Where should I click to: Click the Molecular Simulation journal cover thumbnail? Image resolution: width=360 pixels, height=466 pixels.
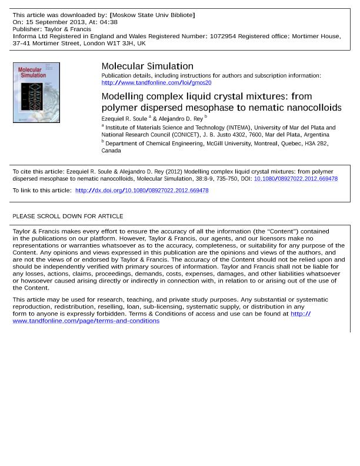click(36, 92)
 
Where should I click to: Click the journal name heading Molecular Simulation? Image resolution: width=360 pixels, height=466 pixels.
click(147, 66)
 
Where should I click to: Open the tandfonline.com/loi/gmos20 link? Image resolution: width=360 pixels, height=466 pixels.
click(156, 83)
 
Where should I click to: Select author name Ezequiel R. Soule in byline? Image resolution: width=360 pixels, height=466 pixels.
click(124, 119)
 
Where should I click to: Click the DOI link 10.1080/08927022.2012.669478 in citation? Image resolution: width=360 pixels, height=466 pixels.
click(295, 179)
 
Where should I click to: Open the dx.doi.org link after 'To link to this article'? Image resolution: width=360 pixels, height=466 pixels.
click(142, 191)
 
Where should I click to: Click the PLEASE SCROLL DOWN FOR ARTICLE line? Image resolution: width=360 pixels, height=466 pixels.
click(68, 217)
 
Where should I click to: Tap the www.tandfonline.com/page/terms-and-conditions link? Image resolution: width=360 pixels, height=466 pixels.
click(86, 321)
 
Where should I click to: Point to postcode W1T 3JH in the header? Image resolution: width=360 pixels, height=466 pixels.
click(120, 43)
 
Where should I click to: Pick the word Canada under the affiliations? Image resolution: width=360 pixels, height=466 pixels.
click(111, 151)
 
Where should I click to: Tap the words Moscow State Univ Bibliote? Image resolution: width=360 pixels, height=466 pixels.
click(152, 15)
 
